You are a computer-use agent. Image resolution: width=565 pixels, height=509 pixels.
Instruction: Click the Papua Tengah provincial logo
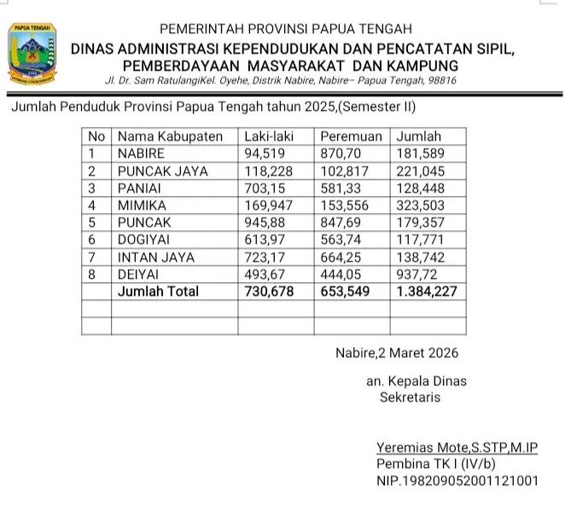click(32, 55)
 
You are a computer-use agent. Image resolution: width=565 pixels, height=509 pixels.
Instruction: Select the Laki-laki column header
click(264, 136)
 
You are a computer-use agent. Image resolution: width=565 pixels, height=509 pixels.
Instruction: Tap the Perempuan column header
click(350, 136)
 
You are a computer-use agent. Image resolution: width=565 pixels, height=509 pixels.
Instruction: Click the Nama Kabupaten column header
click(170, 136)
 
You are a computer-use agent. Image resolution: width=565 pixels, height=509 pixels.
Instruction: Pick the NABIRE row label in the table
click(142, 153)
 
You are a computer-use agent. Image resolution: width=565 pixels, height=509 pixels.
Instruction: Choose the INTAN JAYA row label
click(156, 257)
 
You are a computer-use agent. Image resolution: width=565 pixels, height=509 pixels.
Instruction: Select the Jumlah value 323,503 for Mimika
click(421, 205)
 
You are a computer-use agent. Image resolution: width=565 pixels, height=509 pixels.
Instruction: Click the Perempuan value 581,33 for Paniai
click(341, 188)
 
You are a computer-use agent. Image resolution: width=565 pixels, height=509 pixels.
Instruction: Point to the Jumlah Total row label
click(158, 292)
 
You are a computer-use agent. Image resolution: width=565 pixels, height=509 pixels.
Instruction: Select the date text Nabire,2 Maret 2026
click(397, 353)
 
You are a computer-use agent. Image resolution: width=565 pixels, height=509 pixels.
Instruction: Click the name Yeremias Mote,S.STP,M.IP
click(457, 448)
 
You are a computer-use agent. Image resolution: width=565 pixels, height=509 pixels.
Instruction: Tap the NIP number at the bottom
click(457, 482)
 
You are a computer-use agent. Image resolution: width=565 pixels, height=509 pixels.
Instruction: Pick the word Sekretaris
click(411, 396)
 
